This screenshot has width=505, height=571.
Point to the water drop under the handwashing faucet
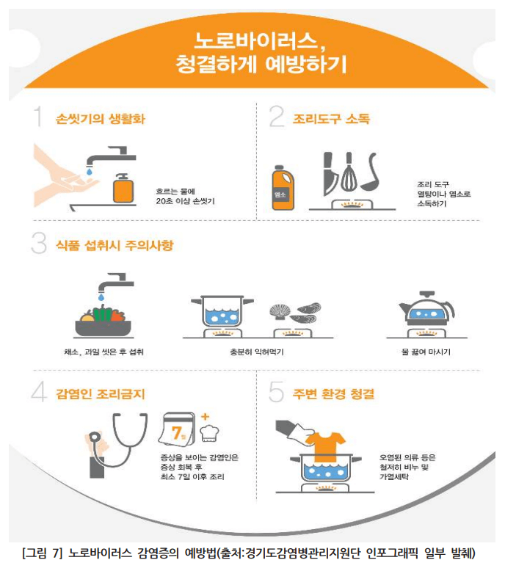[89, 172]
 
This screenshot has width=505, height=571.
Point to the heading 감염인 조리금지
[100, 394]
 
